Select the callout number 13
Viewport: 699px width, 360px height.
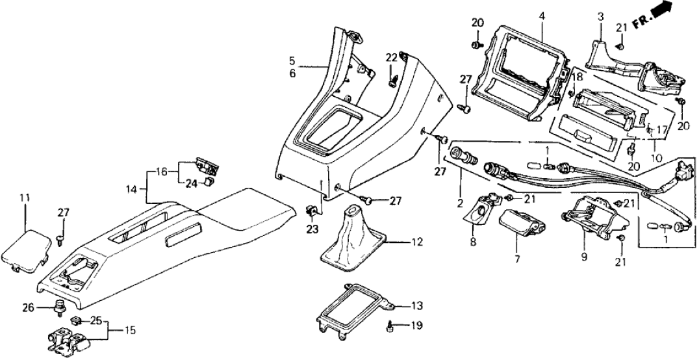click(416, 306)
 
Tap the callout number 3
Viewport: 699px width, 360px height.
click(601, 15)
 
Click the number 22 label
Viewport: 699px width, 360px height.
click(390, 58)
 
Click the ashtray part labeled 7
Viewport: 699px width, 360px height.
click(520, 223)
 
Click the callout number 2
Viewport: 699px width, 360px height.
click(459, 203)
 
